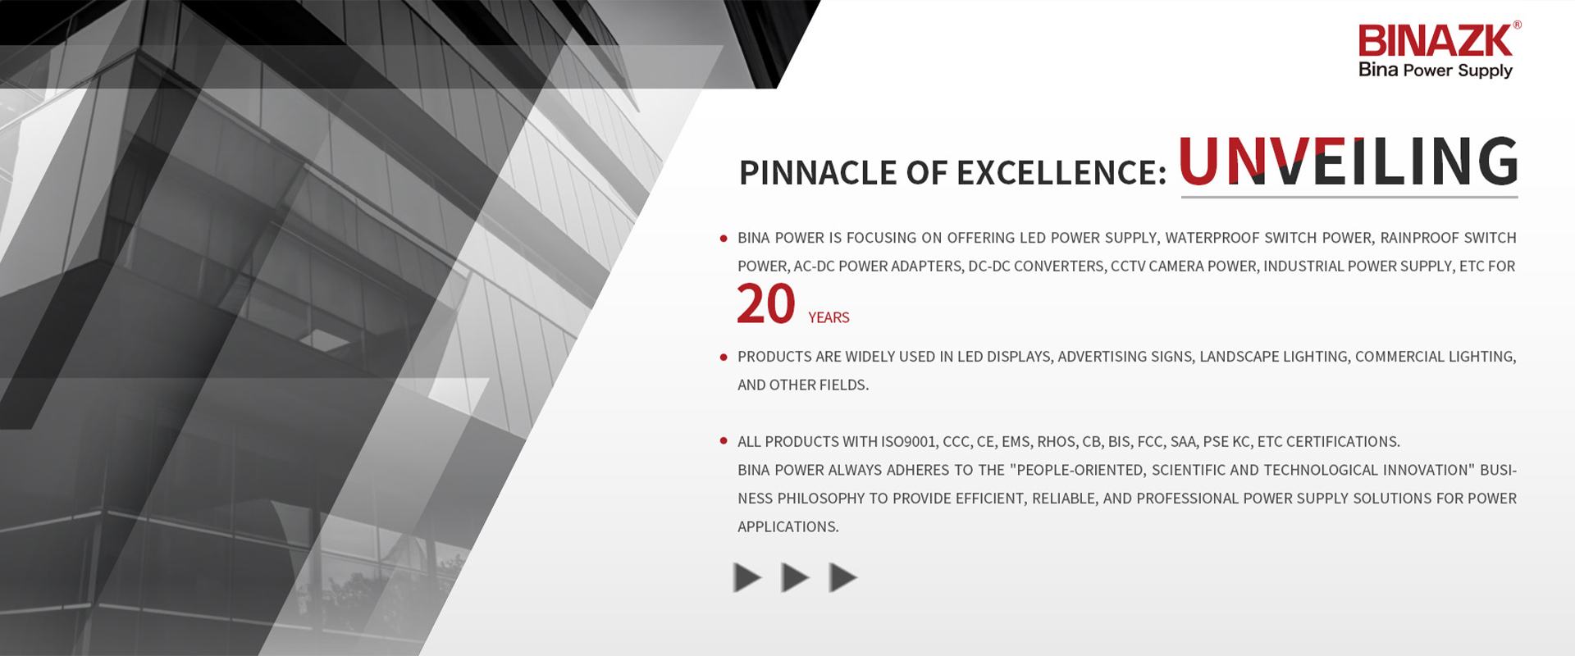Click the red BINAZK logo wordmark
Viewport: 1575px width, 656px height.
(x=1435, y=41)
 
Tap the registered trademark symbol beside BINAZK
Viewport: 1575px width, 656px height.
(x=1518, y=25)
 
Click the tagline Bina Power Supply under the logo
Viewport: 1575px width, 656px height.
(x=1436, y=71)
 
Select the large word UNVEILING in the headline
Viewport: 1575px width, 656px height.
(x=1349, y=162)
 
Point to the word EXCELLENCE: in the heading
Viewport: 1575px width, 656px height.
(x=1061, y=173)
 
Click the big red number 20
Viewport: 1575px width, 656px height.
(x=766, y=304)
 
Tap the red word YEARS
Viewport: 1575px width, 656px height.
(x=829, y=317)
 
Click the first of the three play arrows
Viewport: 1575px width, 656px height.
(x=747, y=578)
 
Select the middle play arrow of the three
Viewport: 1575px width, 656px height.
(x=795, y=578)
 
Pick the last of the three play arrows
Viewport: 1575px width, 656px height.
(x=843, y=578)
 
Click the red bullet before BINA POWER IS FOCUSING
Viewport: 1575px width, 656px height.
(x=724, y=239)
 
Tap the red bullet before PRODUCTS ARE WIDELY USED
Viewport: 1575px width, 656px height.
(x=724, y=358)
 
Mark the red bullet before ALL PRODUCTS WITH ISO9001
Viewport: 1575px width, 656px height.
(x=724, y=441)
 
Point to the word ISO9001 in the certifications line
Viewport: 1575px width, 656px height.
(x=908, y=442)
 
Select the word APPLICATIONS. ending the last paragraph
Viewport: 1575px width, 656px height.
(x=788, y=527)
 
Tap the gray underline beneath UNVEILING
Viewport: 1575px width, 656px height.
(x=1349, y=197)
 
